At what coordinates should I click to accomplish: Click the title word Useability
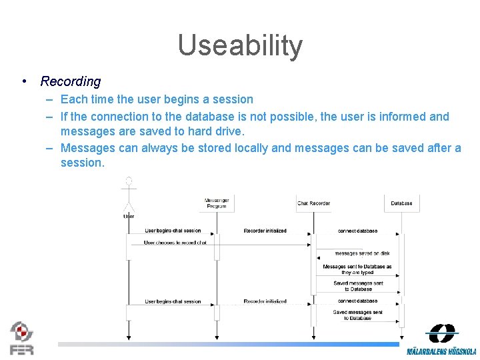tap(240, 45)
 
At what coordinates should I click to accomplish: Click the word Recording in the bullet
tap(71, 81)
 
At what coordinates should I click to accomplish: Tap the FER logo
tap(21, 337)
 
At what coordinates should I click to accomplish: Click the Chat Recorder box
tap(313, 203)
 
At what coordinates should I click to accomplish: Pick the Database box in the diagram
tap(401, 203)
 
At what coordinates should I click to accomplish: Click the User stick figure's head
tap(129, 180)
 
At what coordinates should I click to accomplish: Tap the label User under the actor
tap(129, 216)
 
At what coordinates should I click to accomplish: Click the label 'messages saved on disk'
tap(362, 253)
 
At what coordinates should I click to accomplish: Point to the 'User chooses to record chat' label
tap(175, 243)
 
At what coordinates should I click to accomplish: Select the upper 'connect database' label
tap(357, 231)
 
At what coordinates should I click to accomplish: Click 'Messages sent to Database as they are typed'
tap(357, 269)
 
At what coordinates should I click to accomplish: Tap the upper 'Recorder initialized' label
tap(265, 231)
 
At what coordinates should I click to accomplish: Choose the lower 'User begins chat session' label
tap(173, 301)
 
